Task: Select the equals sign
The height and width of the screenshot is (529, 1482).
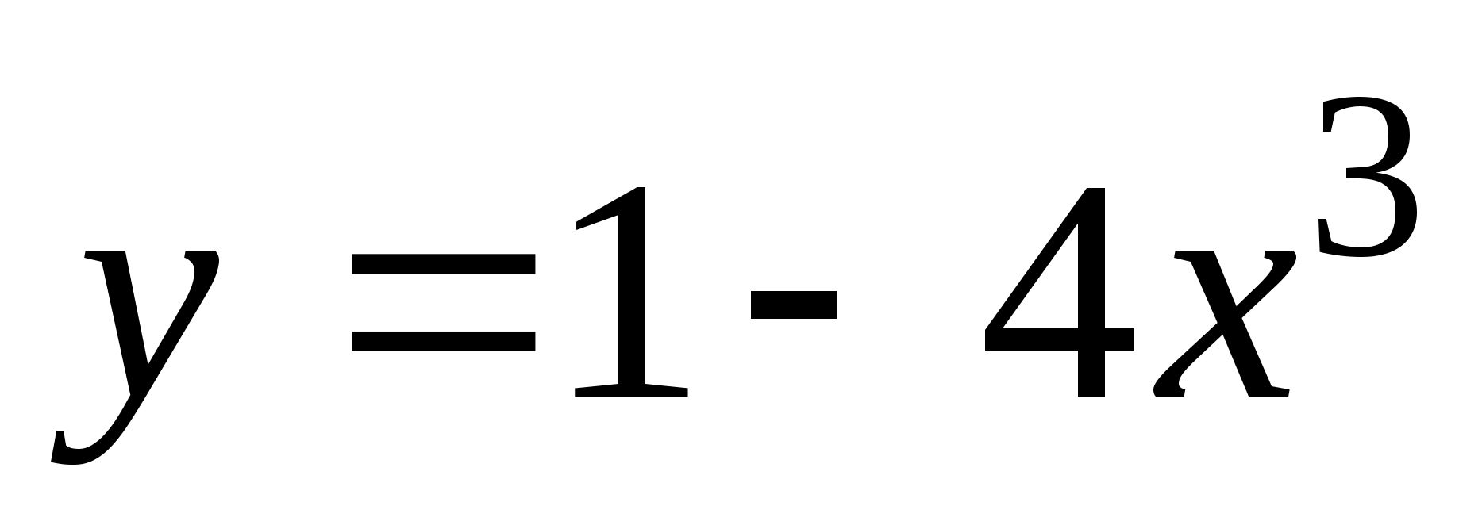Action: [x=443, y=302]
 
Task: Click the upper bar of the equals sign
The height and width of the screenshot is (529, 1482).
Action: [x=443, y=264]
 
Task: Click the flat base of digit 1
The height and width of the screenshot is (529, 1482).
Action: [x=632, y=390]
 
